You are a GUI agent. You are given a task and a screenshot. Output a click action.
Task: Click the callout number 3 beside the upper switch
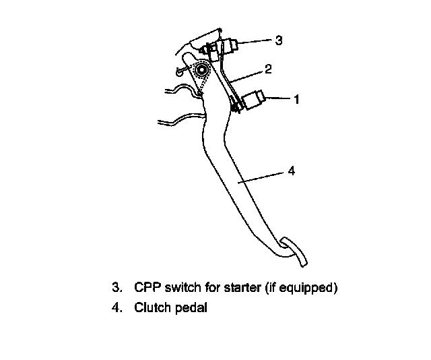[x=278, y=40]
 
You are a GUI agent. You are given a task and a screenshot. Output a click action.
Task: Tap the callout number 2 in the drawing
[x=267, y=69]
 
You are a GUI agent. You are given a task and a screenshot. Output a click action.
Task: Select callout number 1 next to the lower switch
[x=295, y=99]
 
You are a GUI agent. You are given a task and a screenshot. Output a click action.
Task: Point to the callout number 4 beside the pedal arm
[x=291, y=171]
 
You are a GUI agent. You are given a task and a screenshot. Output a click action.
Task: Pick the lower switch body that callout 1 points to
[x=255, y=100]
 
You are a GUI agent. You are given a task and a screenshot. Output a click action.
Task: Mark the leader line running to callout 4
[x=263, y=177]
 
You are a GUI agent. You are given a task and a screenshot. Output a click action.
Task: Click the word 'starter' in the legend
[x=233, y=288]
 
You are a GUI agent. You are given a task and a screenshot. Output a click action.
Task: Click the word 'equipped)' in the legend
[x=313, y=289]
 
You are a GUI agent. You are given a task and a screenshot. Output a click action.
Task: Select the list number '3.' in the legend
[x=117, y=288]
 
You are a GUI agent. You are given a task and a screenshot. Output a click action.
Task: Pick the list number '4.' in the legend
[x=117, y=309]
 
